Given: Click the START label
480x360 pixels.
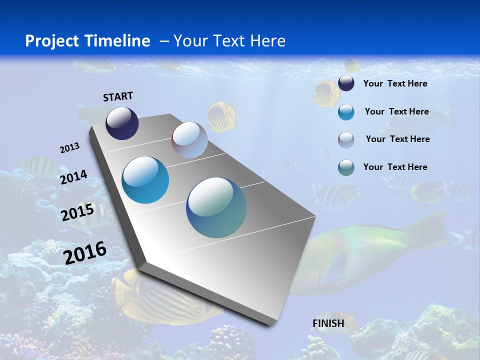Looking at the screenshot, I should click(118, 96).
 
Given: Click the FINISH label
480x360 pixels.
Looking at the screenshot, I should click(328, 323).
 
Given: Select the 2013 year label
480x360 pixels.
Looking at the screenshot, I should click(69, 148).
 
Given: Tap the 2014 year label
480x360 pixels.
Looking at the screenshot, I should click(73, 177).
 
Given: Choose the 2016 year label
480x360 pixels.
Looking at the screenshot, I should click(85, 252).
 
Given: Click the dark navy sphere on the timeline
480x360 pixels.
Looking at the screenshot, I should click(122, 123).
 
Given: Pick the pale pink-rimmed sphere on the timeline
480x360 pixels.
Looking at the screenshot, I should click(189, 140).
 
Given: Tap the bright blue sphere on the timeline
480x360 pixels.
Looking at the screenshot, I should click(145, 180).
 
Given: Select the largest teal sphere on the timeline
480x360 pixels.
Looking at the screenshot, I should click(216, 207).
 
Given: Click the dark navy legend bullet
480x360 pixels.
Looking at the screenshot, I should click(346, 83).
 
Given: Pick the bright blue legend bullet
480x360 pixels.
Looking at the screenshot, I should click(346, 112).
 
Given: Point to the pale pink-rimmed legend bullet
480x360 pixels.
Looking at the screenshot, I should click(346, 139).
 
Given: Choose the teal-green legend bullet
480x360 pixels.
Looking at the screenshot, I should click(346, 167).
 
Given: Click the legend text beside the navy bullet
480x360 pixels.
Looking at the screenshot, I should click(395, 83).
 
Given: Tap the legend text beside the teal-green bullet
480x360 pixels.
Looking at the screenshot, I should click(395, 167).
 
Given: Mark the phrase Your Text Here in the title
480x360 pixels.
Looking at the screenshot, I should click(229, 41).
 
